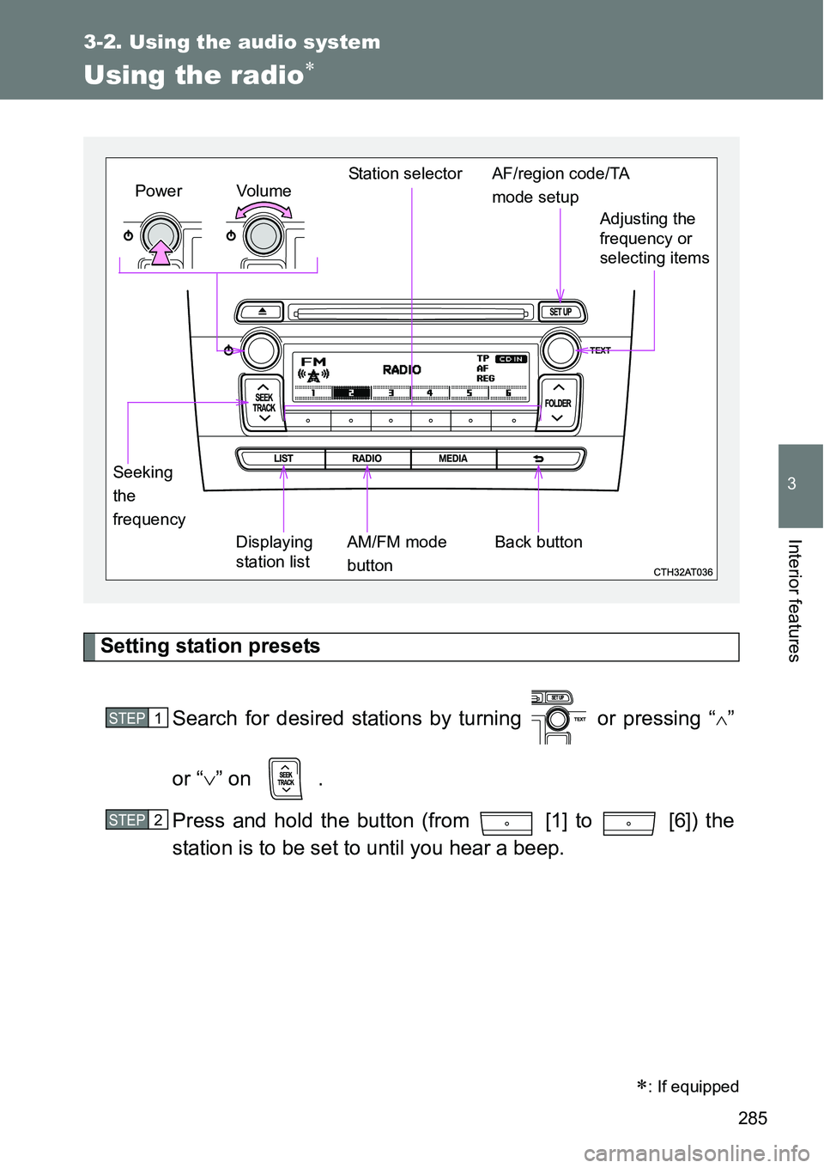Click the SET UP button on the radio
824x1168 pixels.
560,312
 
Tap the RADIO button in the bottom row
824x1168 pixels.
367,459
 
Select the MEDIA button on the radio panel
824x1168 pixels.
453,459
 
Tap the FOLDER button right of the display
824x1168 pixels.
558,403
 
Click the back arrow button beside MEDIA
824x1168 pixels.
539,459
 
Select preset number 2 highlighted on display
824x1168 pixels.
350,392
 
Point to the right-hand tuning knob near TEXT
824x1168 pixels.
559,350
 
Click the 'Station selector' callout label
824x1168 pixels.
405,173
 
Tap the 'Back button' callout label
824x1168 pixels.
538,542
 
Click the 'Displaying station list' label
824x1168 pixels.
274,551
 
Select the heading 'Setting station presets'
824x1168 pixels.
210,646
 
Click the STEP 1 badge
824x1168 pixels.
137,718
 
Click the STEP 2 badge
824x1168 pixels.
137,820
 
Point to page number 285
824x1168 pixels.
752,1117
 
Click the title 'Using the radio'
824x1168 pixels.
194,76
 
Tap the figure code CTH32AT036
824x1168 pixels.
683,572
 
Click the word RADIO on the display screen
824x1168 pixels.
402,369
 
